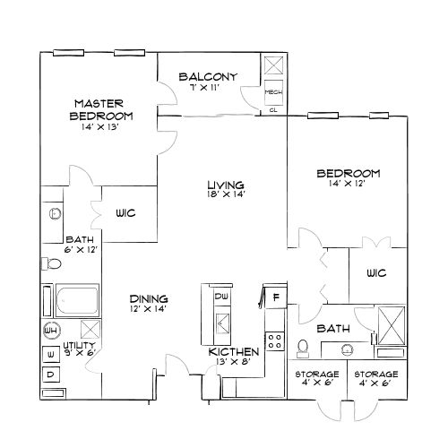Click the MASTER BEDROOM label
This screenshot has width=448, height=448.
click(104, 109)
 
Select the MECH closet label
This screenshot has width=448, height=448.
click(272, 91)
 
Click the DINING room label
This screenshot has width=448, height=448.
click(148, 298)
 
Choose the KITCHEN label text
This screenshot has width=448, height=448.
click(234, 351)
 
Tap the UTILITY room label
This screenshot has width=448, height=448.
click(81, 344)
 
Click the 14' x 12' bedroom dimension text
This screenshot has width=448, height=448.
click(349, 184)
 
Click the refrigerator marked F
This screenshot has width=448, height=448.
click(276, 296)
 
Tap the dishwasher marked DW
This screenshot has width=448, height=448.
click(220, 296)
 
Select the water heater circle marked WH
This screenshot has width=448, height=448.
click(51, 330)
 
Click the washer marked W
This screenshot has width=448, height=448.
click(51, 353)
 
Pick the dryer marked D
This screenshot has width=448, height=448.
click(51, 373)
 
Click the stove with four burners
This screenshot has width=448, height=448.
click(277, 341)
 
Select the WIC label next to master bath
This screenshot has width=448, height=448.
click(125, 213)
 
